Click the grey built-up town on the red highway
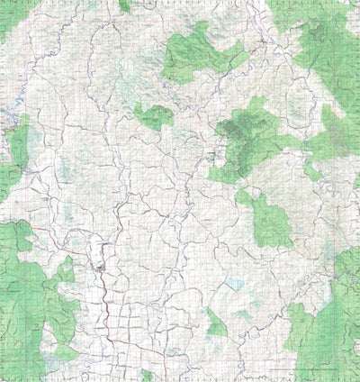(101, 267)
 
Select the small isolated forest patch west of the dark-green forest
(154, 115)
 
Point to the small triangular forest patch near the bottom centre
(215, 323)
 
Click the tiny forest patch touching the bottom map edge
(147, 375)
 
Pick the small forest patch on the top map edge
(124, 5)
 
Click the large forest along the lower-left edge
(27, 288)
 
